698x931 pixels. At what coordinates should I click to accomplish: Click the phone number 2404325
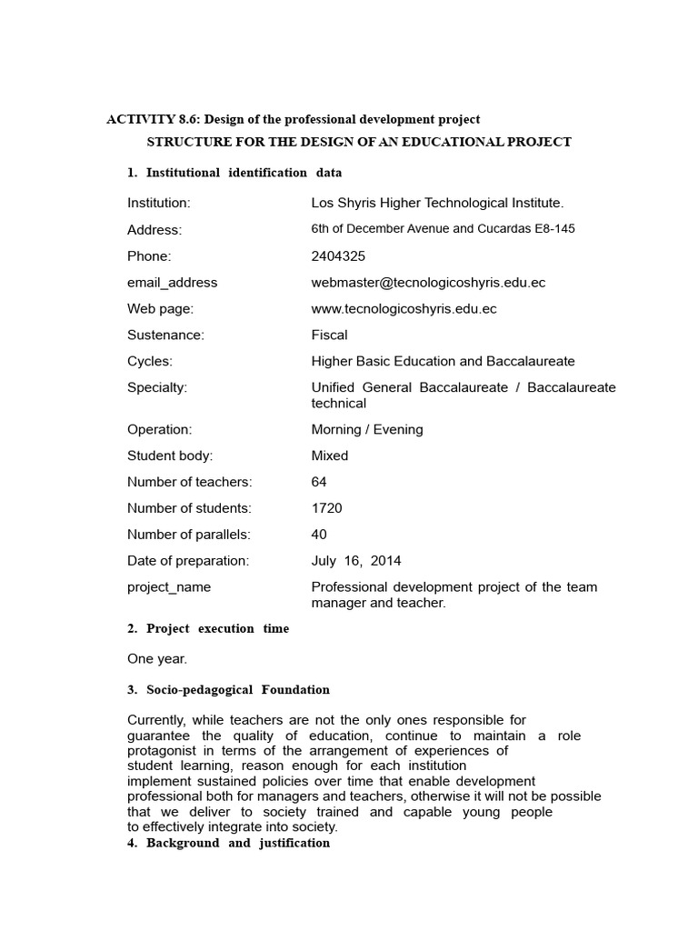coord(338,256)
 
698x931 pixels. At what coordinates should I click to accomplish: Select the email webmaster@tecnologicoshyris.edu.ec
coord(428,283)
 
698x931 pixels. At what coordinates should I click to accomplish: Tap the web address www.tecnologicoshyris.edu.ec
coord(404,309)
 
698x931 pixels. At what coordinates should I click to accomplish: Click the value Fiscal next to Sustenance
coord(329,335)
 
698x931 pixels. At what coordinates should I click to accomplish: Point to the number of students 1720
coord(326,508)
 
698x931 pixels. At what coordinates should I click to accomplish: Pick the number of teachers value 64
coord(319,482)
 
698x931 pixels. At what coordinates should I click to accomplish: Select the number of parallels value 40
coord(319,535)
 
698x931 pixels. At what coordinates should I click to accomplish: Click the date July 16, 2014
coord(356,561)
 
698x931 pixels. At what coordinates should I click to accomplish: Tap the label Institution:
coord(158,204)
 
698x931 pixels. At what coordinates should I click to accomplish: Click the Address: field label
coord(155,230)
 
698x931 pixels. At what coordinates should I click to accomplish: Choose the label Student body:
coord(170,455)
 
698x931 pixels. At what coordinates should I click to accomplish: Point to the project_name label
coord(169,587)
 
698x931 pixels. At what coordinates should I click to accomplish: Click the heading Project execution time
coord(217,629)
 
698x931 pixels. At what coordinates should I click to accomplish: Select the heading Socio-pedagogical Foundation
coord(237,690)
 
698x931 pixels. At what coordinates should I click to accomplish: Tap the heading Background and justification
coord(237,844)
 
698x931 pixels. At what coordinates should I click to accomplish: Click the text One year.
coord(157,659)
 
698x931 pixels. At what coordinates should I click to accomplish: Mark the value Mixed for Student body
coord(329,455)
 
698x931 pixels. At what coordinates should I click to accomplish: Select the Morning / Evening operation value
coord(367,429)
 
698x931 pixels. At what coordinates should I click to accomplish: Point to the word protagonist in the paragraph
coord(164,750)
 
